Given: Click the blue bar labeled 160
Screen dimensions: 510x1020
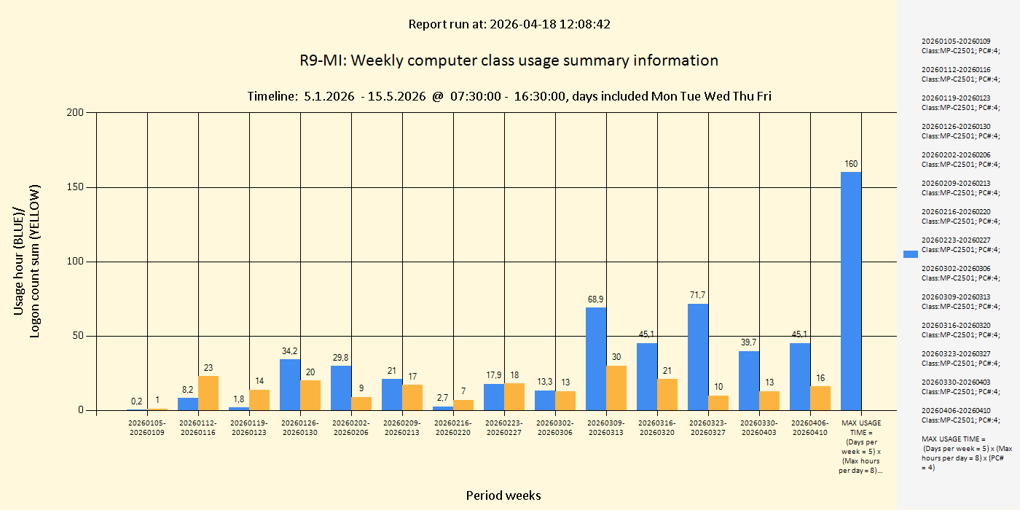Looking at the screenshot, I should (850, 291).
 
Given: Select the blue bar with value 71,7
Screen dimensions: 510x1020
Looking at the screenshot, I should (697, 357).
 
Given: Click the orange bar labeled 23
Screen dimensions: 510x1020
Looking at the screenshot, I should (208, 393).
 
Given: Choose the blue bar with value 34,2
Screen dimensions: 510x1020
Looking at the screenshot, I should (289, 385).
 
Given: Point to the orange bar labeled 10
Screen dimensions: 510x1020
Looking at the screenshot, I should (718, 403).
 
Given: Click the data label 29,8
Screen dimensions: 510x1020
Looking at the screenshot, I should (341, 357).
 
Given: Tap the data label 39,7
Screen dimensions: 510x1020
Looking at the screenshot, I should (749, 342).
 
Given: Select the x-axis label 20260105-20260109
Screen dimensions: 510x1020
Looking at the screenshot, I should (147, 428).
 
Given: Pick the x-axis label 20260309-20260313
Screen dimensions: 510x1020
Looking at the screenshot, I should (606, 428).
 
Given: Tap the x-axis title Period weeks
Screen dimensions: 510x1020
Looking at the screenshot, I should (503, 495).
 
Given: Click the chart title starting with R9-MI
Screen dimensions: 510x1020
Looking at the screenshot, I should (509, 60).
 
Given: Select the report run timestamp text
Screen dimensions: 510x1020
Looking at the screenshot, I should (509, 24).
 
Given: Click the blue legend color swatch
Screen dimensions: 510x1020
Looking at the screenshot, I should (911, 254).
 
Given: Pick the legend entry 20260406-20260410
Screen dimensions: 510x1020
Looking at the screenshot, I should (960, 415).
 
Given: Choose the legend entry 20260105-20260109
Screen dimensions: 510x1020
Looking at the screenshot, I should (960, 46).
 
